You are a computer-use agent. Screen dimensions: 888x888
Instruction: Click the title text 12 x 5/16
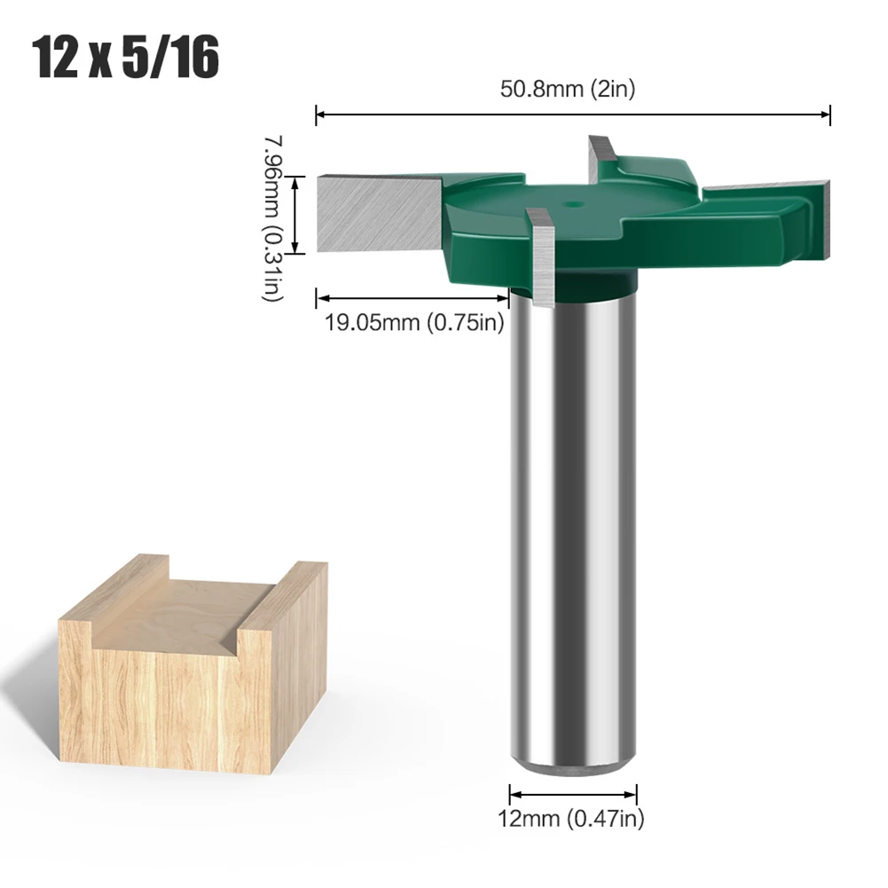point(127,59)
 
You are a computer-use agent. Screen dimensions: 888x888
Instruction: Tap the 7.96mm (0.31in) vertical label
point(272,218)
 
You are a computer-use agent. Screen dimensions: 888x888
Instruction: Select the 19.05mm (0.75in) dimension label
point(413,323)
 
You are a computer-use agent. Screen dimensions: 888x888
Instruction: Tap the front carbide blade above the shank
point(540,257)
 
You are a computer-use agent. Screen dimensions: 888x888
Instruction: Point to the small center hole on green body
point(575,203)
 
